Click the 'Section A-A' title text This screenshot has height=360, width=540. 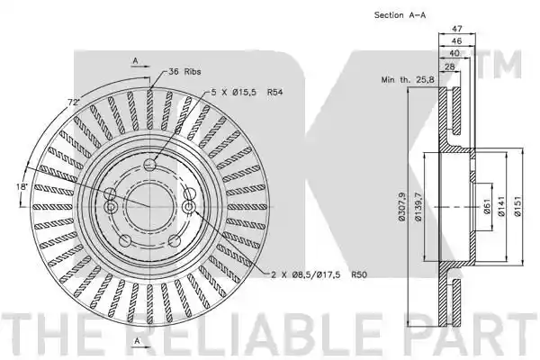tap(400, 15)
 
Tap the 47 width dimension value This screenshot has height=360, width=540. tap(456, 29)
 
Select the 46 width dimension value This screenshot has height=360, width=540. tap(456, 41)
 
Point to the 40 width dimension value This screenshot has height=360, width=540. tap(454, 53)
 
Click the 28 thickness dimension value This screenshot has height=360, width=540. tap(449, 67)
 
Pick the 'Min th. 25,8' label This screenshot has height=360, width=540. tap(408, 80)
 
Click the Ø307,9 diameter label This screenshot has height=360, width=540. tap(402, 207)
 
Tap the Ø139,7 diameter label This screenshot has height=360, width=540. tap(418, 207)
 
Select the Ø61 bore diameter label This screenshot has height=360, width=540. tap(487, 207)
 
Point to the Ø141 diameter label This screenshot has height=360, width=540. tap(501, 206)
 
